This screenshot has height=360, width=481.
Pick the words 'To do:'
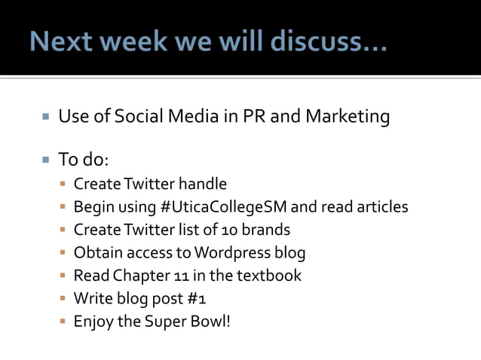tap(84, 160)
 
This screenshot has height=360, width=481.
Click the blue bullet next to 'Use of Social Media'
tap(44, 117)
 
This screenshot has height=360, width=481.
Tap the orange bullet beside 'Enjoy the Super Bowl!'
tap(63, 322)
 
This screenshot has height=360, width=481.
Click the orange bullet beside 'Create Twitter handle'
tap(63, 185)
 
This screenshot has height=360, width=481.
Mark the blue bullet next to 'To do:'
tap(44, 160)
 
